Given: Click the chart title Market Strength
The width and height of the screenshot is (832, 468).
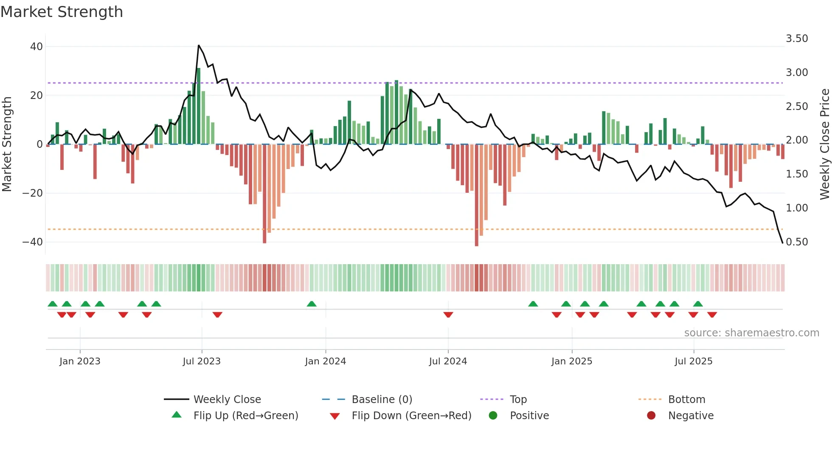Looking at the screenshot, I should pos(62,12).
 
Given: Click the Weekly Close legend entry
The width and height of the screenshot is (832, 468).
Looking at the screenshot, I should pos(227,399).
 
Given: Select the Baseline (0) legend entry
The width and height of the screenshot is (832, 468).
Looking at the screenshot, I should pos(382,399).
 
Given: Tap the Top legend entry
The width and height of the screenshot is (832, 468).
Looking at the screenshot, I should pos(518,399).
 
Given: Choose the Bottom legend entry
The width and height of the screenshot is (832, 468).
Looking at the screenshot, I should pos(686,399).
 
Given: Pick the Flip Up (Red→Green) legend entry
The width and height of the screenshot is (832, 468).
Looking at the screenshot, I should pos(245,415).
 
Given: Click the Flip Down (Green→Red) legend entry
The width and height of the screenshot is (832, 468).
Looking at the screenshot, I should pos(411,415).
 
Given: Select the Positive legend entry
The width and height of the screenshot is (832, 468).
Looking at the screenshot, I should pos(529,415).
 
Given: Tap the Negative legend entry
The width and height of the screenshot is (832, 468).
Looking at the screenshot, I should pos(690,415).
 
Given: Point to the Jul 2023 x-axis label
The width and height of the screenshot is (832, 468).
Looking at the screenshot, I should pos(202,361).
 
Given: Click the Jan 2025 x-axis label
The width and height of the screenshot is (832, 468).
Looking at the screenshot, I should pos(571,361).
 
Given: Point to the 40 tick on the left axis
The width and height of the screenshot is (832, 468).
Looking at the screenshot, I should pos(37,47).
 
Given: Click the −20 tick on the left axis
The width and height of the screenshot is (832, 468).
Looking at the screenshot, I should pos(33,193).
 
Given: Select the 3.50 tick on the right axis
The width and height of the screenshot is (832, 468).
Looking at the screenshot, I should pos(797,39).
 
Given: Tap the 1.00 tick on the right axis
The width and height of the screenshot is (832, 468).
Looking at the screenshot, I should pos(797,208).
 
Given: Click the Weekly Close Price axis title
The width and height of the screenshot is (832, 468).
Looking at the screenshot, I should pos(824,144).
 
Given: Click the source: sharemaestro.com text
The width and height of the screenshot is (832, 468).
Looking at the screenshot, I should pos(751,333).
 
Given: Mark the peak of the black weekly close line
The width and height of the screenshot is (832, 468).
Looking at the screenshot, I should pos(199,45).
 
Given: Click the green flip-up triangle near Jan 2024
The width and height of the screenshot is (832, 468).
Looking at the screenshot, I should pos(312,304).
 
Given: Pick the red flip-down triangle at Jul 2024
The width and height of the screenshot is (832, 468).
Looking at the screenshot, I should pos(448,315).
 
